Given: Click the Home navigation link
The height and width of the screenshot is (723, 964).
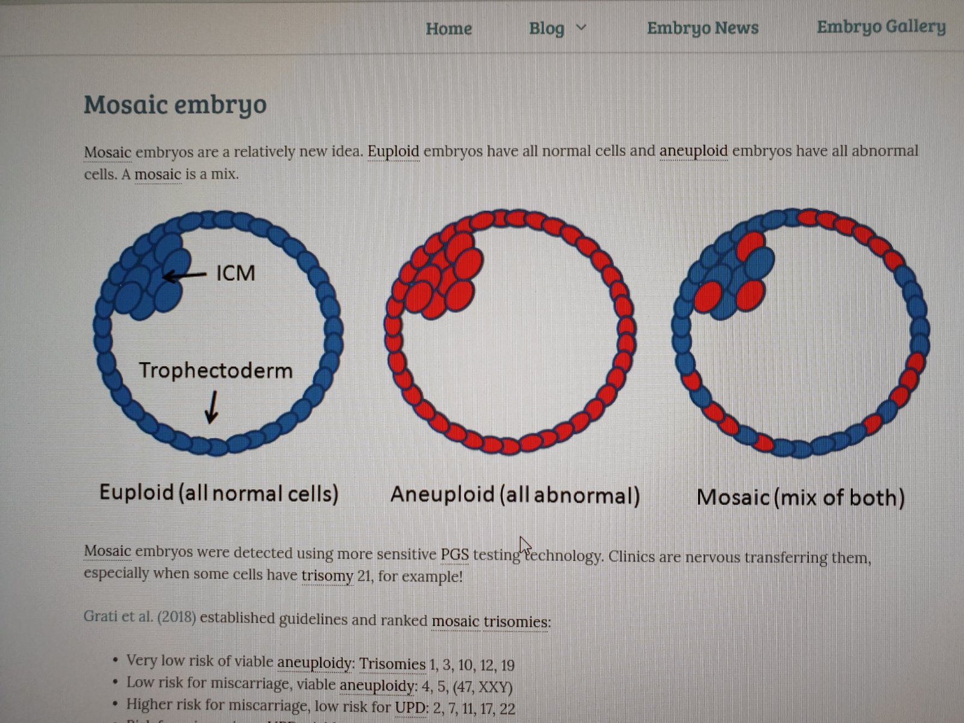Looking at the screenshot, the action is [449, 29].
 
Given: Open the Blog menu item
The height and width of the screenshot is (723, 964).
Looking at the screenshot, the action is [547, 28].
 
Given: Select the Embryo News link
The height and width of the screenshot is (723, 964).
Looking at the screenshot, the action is [703, 28].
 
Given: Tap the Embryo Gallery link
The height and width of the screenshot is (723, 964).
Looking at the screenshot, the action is [881, 27].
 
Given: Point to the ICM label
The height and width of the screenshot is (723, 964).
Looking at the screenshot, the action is [236, 273].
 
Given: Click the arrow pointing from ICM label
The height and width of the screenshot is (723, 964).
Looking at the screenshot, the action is [184, 276].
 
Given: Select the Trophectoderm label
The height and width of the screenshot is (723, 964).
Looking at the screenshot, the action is [216, 371].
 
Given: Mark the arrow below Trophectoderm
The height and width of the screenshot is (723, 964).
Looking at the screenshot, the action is [212, 407].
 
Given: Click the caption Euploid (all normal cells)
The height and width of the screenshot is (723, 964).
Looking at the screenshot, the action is [219, 493].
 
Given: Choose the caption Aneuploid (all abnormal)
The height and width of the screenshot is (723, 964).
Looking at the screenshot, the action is [515, 495].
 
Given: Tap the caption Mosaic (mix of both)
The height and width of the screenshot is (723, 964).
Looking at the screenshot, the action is [800, 498].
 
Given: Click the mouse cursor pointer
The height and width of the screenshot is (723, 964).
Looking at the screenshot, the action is [525, 546].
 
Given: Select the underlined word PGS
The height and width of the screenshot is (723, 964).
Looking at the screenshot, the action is [454, 554].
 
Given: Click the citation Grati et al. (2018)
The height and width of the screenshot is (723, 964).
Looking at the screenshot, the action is [140, 617].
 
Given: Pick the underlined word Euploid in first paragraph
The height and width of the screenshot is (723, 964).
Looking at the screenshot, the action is [393, 151].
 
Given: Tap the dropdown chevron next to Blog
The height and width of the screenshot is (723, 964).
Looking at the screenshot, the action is [581, 27].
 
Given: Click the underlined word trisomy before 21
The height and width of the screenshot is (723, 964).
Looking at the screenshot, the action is [327, 575].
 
